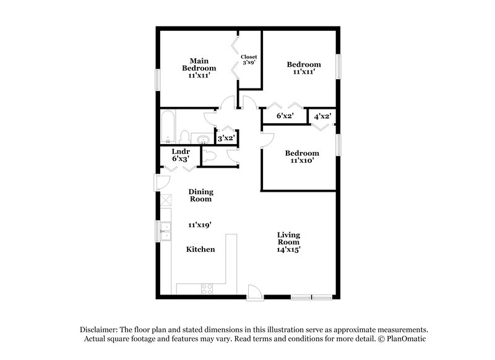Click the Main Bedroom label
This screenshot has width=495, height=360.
click(x=199, y=64)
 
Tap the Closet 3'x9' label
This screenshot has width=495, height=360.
click(x=249, y=60)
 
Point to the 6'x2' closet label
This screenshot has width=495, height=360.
click(x=285, y=116)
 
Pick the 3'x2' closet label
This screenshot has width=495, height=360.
click(x=226, y=139)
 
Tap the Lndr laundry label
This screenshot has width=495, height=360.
click(x=181, y=151)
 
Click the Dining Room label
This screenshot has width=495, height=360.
click(x=200, y=195)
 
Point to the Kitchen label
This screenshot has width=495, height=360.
click(x=200, y=249)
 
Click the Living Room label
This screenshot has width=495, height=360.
click(x=288, y=239)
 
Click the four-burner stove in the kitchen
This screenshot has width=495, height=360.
click(x=207, y=288)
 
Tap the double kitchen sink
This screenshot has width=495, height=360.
click(x=165, y=231)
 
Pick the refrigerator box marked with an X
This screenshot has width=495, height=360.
click(x=165, y=200)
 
